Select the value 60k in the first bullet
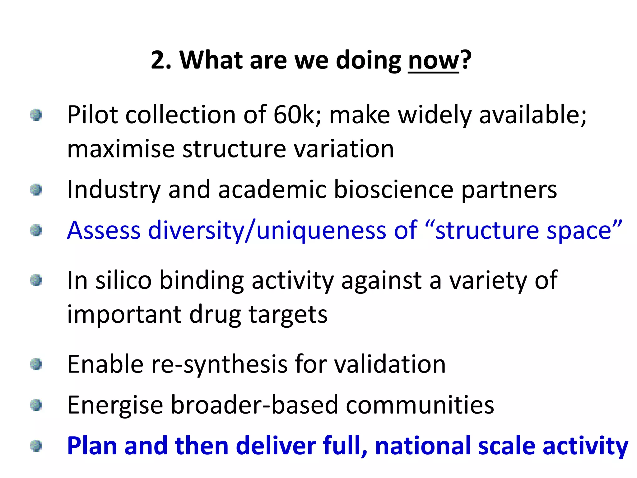coord(294,115)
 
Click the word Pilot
coord(92,115)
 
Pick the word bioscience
coord(393,190)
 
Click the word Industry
coord(114,190)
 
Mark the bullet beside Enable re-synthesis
coord(36,364)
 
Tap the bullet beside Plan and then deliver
coord(36,446)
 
